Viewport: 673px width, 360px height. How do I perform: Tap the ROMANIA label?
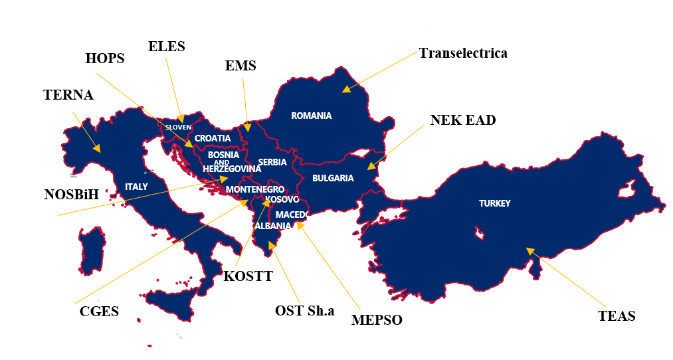(x=311, y=116)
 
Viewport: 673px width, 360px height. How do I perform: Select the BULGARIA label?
(x=333, y=179)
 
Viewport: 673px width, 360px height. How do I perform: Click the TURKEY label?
(x=494, y=204)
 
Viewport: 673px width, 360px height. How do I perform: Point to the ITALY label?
(x=136, y=187)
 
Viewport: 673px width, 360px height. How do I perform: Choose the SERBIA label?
(x=272, y=163)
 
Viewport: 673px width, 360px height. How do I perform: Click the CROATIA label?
(x=213, y=139)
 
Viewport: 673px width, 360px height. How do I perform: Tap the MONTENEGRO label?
(x=255, y=190)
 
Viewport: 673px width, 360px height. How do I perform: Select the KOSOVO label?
(x=282, y=200)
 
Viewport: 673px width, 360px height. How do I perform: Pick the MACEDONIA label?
(x=300, y=215)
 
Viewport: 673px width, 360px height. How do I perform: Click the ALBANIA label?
(x=273, y=226)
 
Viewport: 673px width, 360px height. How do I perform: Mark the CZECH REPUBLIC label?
(x=181, y=52)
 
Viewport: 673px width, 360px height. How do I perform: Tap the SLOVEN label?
(x=178, y=127)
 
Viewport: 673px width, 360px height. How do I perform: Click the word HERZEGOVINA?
(x=232, y=169)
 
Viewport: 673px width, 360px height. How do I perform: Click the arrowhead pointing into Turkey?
(x=530, y=251)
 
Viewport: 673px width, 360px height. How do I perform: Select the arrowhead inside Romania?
(x=345, y=89)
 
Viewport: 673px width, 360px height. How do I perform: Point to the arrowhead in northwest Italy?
(x=97, y=149)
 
